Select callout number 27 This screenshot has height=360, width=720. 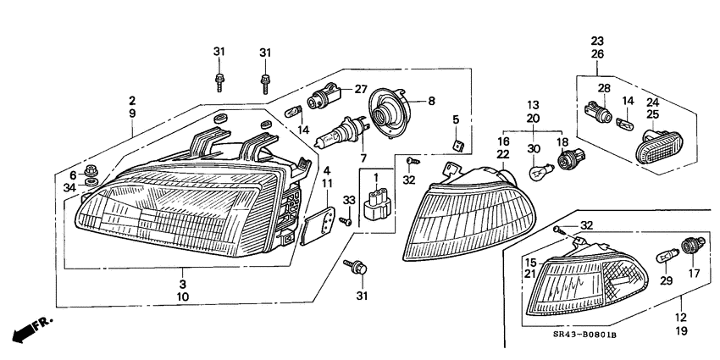click(x=361, y=89)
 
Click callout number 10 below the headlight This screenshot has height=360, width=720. click(x=183, y=297)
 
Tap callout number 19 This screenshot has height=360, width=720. click(x=681, y=333)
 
